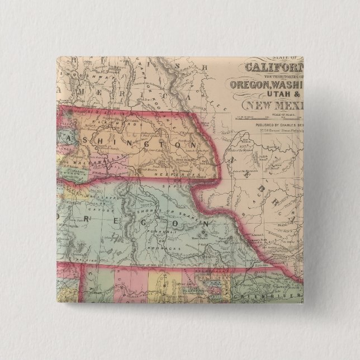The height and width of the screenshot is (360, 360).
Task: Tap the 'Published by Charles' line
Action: (x=276, y=126)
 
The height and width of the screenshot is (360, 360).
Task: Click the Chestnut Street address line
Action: (x=276, y=132)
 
